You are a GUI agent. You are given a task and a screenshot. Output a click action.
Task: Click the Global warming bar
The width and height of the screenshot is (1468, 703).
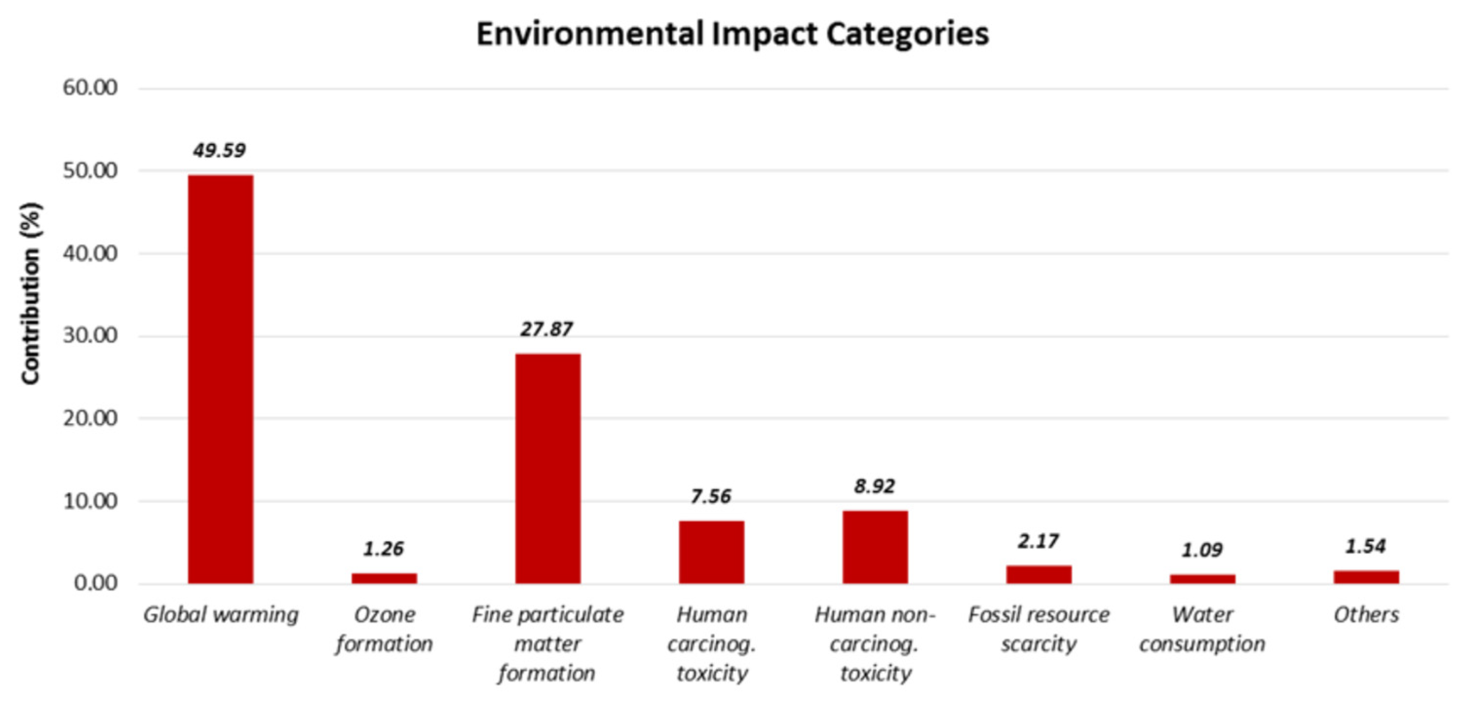pyautogui.click(x=221, y=379)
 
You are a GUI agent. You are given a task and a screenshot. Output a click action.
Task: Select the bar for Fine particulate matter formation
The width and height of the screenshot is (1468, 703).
pyautogui.click(x=547, y=468)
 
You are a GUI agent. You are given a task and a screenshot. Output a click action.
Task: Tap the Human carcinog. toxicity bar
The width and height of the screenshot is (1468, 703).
pyautogui.click(x=711, y=552)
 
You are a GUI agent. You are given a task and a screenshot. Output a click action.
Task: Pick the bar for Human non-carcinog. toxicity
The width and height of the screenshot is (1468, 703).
pyautogui.click(x=875, y=546)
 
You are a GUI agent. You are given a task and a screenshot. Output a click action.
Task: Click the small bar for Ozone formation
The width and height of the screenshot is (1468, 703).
pyautogui.click(x=384, y=578)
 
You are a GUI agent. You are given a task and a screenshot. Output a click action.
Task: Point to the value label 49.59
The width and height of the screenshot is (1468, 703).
pyautogui.click(x=219, y=150)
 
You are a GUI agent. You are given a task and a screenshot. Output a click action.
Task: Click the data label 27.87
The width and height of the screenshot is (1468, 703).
pyautogui.click(x=546, y=329)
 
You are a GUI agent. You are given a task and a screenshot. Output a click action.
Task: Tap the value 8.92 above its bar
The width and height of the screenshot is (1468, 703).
pyautogui.click(x=875, y=486)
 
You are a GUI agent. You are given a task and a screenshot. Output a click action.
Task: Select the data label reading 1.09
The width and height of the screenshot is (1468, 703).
pyautogui.click(x=1202, y=550)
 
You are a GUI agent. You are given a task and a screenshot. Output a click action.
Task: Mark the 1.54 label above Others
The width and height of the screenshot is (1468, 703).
pyautogui.click(x=1365, y=546)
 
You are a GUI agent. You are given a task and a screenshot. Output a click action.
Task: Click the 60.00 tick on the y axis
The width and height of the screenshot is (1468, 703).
pyautogui.click(x=90, y=88)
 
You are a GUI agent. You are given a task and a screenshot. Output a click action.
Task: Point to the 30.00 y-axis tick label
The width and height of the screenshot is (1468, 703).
pyautogui.click(x=90, y=335)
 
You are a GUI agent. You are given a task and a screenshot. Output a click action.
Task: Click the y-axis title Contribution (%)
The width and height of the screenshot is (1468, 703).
pyautogui.click(x=31, y=294)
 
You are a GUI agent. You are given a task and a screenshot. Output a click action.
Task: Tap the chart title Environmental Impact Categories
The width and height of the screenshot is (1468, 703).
pyautogui.click(x=732, y=34)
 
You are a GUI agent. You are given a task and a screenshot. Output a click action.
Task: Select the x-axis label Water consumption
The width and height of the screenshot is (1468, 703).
pyautogui.click(x=1202, y=629)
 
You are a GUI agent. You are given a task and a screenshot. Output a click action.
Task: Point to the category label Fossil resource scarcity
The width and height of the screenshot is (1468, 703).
pyautogui.click(x=1038, y=629)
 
